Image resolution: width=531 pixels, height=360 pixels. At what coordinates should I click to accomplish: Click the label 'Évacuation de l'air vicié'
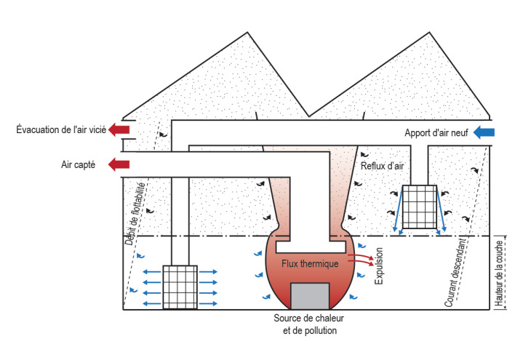click(61, 130)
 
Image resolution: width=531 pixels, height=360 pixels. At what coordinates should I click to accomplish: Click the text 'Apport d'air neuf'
click(434, 133)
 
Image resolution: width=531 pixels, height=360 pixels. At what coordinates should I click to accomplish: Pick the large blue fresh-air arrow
click(484, 132)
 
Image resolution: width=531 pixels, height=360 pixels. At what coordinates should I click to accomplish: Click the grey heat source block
click(310, 295)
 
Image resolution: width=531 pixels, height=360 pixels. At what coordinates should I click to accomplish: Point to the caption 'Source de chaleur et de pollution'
click(310, 324)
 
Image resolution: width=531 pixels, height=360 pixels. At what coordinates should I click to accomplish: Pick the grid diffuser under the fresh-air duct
click(419, 207)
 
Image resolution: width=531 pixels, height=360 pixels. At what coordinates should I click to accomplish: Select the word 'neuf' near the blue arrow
click(455, 133)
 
